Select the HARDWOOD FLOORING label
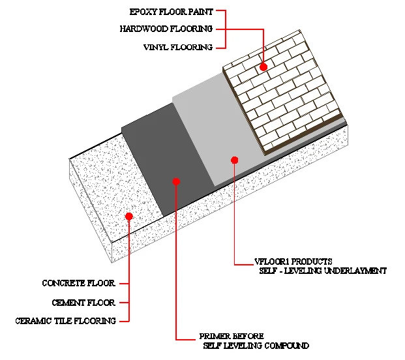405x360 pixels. pos(166,29)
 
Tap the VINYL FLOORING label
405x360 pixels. pos(177,47)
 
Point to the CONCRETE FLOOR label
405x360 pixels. pos(78,283)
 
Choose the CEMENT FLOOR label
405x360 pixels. pos(83,303)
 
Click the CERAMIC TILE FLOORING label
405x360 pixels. pos(65,321)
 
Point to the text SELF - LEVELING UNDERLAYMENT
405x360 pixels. pos(323,271)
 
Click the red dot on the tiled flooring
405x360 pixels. pos(263,67)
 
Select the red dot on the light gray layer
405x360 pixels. pos(235,160)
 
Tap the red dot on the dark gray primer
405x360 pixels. pos(175,181)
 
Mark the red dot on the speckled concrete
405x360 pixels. pos(129,216)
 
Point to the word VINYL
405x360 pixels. pos(155,47)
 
